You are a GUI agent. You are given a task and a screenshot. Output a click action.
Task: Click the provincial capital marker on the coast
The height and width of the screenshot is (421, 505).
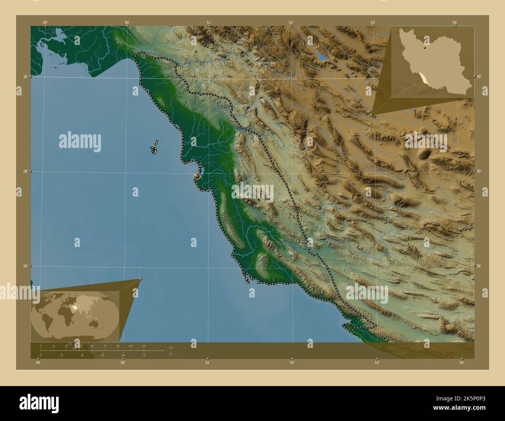pos(197,176)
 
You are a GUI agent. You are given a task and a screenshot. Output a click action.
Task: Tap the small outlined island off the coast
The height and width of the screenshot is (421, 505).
pos(154,149)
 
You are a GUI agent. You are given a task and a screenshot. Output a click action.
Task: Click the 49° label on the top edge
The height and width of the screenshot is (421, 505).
pos(45,23)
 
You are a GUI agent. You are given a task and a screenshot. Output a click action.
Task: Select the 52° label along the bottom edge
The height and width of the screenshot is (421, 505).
pos(292,363)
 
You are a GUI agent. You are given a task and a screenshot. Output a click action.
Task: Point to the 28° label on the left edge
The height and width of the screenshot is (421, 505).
pos(25,266)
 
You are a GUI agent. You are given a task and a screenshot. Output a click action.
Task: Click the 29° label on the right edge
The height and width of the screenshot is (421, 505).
pos(479,171)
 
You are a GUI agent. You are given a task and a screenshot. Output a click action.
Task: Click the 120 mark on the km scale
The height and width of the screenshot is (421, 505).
pos(143,346)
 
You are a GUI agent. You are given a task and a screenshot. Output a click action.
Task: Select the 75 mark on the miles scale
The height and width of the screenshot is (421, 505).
pos(144,355)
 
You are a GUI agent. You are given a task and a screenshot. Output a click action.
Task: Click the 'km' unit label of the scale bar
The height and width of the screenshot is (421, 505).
pos(171,348)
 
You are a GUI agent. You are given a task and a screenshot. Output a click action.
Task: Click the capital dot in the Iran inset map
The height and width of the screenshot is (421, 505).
pos(425,48)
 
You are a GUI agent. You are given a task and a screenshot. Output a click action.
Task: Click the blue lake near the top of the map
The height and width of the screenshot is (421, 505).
pos(322,57)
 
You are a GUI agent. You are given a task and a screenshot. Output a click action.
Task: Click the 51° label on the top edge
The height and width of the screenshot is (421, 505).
pos(209,23)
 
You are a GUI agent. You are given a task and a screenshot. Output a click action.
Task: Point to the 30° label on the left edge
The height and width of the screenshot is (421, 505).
pos(25,77)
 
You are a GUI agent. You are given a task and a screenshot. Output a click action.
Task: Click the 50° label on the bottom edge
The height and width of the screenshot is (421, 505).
pos(123,363)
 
